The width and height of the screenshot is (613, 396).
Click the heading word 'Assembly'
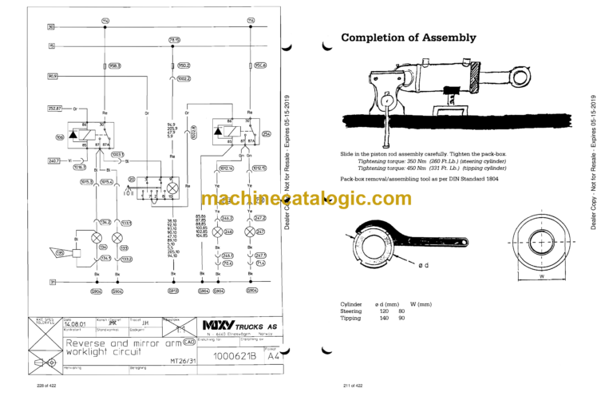click(x=443, y=37)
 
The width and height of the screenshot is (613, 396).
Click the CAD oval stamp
click(x=188, y=342)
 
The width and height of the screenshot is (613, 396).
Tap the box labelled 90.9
click(x=54, y=77)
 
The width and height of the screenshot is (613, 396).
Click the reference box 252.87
click(x=56, y=106)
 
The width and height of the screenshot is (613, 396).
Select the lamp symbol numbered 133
click(x=117, y=237)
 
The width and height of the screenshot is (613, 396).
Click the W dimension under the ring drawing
click(x=541, y=278)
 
